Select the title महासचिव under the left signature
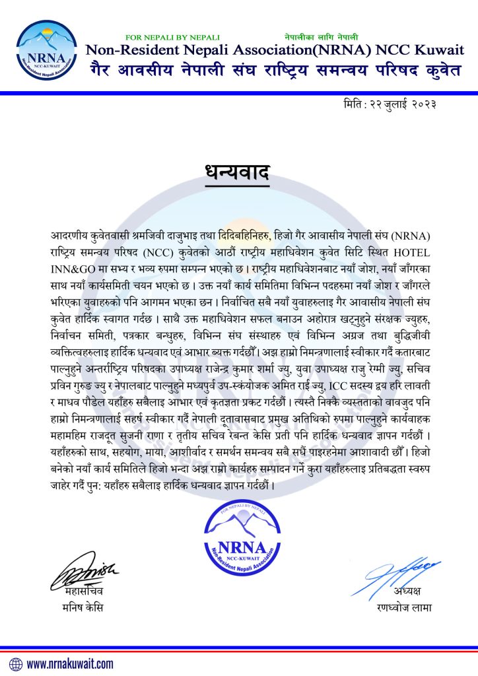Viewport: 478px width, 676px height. point(80,591)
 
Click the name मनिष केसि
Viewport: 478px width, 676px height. point(80,607)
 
